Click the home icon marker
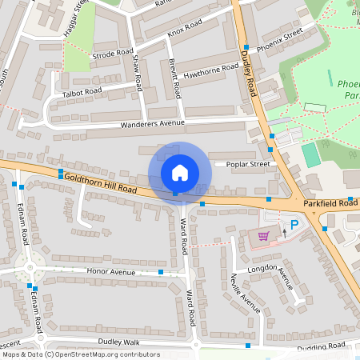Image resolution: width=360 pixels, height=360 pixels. coord(180,173)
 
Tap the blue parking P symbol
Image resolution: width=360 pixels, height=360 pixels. coord(294,226)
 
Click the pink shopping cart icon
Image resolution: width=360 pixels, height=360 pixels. coord(264,236)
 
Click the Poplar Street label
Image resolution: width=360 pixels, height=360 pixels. coord(248,164)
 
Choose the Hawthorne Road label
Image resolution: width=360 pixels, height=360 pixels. coord(211,70)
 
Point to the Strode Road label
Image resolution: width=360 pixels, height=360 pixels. coord(112,54)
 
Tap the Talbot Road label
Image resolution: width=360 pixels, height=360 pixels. coord(82,93)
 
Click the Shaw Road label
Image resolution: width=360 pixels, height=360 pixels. coord(137,73)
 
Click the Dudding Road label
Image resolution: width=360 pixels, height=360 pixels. coord(320,346)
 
